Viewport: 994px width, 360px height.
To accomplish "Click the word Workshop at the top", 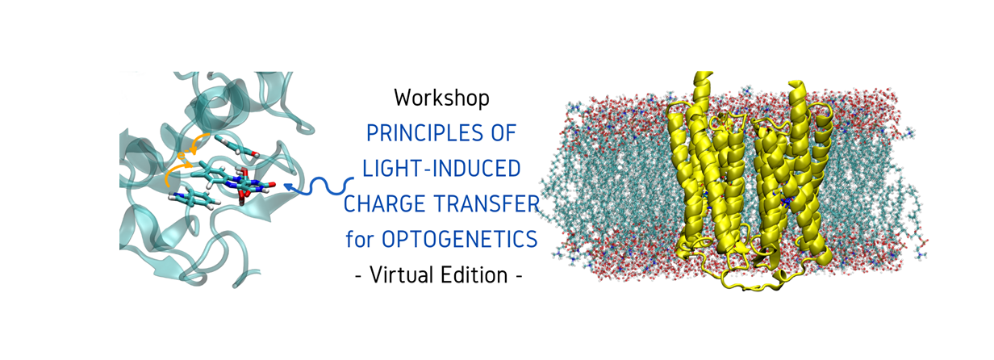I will pos(441,98).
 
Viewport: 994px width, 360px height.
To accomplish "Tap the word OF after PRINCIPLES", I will pos(499,133).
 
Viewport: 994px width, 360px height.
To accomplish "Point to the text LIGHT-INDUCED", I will pos(441,169).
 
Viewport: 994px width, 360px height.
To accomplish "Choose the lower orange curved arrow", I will pos(173,172).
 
